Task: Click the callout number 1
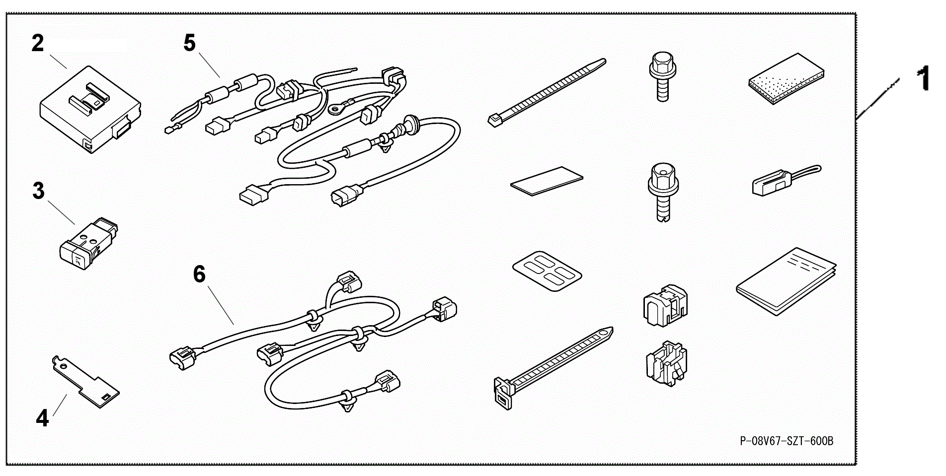click(923, 79)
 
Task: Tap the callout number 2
click(38, 43)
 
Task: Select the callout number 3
click(38, 191)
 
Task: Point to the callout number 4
click(43, 418)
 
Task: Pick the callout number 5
click(190, 43)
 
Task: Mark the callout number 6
click(199, 274)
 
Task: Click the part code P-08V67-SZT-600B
click(787, 441)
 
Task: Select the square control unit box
click(90, 109)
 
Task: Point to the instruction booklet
click(786, 281)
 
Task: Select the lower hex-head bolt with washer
click(663, 193)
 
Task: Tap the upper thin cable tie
click(547, 93)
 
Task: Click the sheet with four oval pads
click(547, 274)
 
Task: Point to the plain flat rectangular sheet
click(547, 181)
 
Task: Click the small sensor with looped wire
click(785, 180)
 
